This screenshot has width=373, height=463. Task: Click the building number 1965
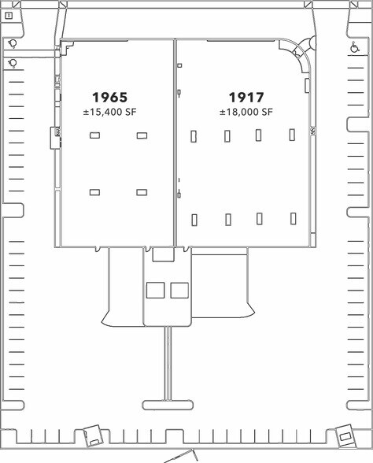click(x=110, y=97)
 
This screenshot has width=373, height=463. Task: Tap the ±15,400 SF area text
click(x=110, y=112)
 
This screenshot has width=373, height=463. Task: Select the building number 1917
click(x=246, y=97)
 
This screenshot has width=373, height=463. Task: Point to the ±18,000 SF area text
click(x=246, y=112)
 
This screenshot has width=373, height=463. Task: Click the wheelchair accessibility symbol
click(x=354, y=47)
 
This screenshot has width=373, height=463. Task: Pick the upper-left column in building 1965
click(x=94, y=135)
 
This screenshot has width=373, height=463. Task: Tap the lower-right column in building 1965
click(x=142, y=192)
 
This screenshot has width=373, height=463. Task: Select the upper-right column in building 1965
click(x=142, y=135)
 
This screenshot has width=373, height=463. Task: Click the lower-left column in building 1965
click(x=94, y=192)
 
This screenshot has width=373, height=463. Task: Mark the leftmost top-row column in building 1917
click(x=194, y=136)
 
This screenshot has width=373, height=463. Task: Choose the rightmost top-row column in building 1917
click(x=292, y=135)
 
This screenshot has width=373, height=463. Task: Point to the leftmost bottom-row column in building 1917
click(x=194, y=220)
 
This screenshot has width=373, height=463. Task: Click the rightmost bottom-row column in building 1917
click(x=293, y=219)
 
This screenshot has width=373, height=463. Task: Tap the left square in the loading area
click(x=156, y=290)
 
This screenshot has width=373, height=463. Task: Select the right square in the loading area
click(x=179, y=290)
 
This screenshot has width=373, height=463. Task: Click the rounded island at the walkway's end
click(x=168, y=405)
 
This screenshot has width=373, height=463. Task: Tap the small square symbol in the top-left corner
click(x=9, y=16)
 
